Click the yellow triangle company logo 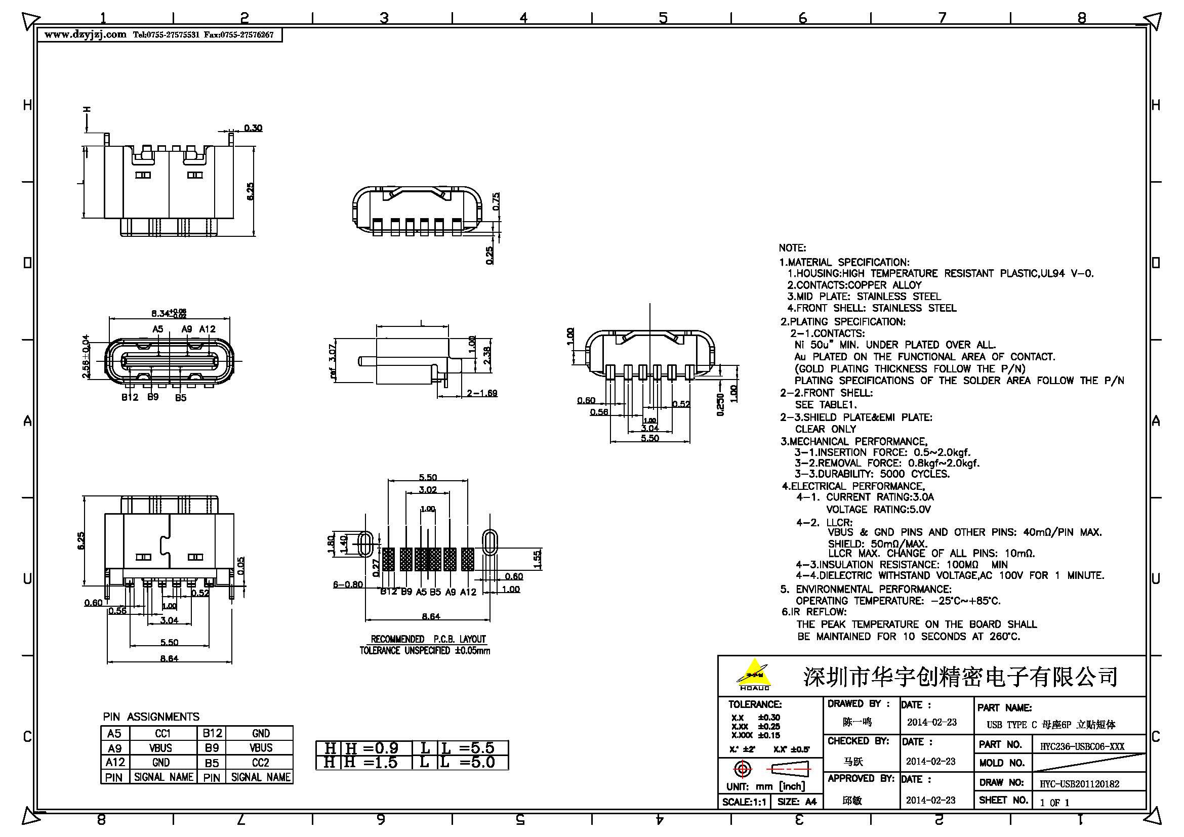coord(754,673)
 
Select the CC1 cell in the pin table coord(162,733)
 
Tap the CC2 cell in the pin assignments coord(260,762)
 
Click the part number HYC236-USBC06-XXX coord(1082,746)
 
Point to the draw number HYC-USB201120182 coord(1079,784)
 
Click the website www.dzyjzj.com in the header coord(85,34)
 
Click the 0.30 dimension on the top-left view coord(253,128)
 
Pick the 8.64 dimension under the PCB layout coord(428,616)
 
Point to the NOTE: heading coord(792,248)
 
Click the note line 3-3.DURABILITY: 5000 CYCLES coord(872,474)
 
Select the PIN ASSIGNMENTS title coord(150,717)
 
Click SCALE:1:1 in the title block coord(743,802)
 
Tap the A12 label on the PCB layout coord(468,592)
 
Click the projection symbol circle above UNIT coord(743,770)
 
